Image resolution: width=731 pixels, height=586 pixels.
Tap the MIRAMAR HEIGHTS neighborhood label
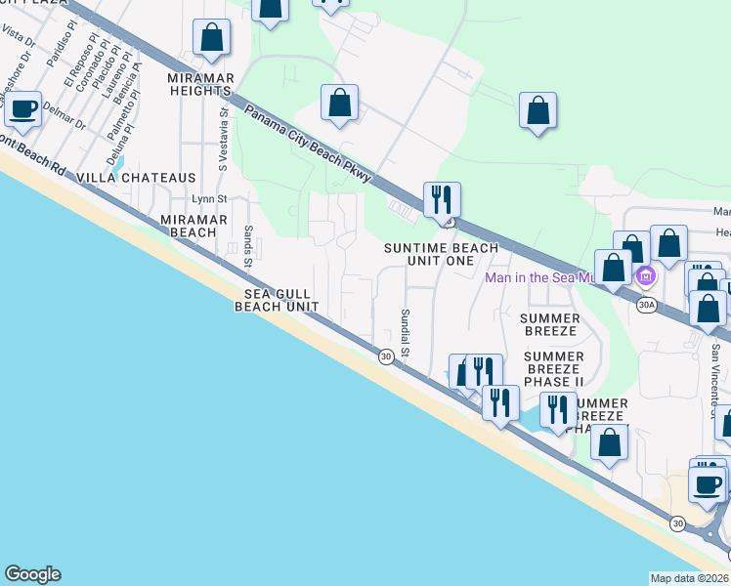point(198,83)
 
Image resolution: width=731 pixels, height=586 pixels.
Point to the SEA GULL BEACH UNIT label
point(277,299)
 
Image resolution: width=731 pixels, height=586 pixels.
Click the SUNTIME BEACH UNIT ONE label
point(441,255)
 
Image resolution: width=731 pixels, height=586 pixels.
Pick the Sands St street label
point(248,247)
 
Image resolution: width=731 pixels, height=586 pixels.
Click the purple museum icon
point(645,278)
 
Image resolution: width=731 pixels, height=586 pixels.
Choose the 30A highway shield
point(645,305)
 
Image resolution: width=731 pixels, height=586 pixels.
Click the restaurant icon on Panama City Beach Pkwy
point(442,200)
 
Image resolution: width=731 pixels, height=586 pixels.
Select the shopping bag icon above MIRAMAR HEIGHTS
point(212,38)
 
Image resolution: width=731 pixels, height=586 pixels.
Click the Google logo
point(32,574)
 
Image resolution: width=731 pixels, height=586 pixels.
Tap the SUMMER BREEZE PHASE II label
point(553,369)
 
